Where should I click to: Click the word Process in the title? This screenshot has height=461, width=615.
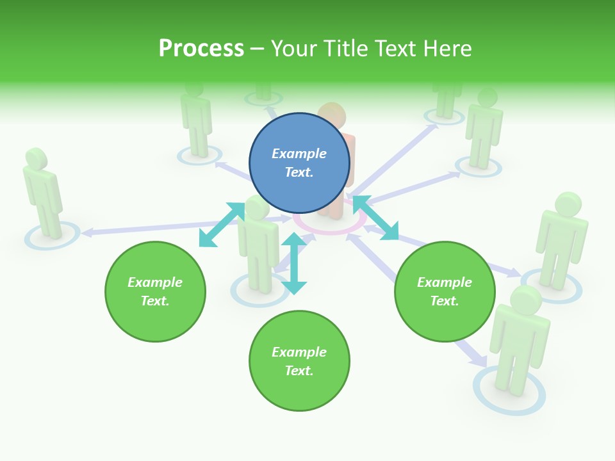point(201,49)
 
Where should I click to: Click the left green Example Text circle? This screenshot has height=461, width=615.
point(155,291)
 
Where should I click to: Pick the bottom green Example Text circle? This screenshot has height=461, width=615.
point(299,360)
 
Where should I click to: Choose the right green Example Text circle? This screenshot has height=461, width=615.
point(445,291)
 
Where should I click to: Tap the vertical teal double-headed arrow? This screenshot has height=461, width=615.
point(294,263)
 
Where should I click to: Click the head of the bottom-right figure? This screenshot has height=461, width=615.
point(526,299)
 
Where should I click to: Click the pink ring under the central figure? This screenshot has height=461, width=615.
point(330,227)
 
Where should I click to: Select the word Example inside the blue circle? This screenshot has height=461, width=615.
point(299,154)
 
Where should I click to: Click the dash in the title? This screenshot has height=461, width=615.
point(258,49)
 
